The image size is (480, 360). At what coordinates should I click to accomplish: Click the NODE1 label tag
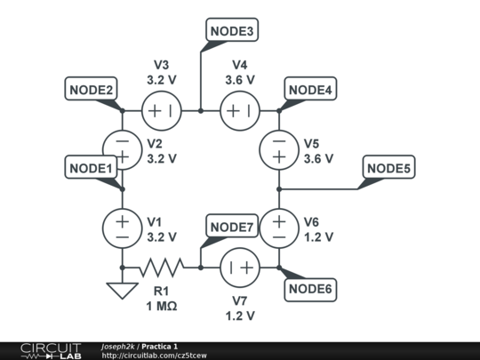90,166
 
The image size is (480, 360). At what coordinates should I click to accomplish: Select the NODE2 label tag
90,89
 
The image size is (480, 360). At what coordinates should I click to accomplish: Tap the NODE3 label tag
233,32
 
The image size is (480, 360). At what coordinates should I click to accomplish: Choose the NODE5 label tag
390,168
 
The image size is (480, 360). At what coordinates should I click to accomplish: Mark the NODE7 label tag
233,227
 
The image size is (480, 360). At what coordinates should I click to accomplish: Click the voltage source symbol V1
122,227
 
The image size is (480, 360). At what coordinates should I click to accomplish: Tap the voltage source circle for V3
162,111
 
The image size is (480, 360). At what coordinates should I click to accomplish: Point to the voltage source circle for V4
239,111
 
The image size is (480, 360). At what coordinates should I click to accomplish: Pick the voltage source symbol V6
279,227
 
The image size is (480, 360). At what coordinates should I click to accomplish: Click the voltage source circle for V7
239,266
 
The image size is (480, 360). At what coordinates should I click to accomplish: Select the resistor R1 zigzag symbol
162,266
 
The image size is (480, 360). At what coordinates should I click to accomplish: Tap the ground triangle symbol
122,290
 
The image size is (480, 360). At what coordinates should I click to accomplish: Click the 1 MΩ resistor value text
162,307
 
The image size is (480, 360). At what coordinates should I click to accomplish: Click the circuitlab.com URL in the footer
154,356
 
